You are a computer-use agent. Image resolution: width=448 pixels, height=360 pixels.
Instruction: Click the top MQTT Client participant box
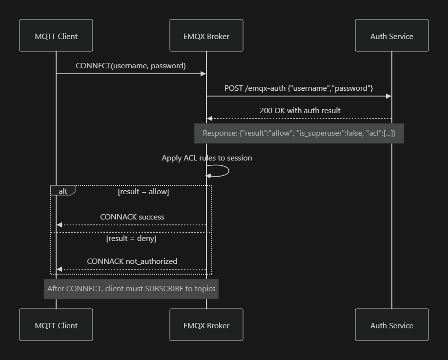pyautogui.click(x=56, y=36)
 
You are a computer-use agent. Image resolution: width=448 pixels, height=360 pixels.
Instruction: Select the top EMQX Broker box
pyautogui.click(x=206, y=36)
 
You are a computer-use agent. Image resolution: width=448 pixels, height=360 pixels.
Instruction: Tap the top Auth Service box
pyautogui.click(x=391, y=36)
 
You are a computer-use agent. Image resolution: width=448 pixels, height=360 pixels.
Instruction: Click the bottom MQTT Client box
pyautogui.click(x=56, y=325)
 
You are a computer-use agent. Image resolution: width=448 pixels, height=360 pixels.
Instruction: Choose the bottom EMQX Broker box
pyautogui.click(x=206, y=325)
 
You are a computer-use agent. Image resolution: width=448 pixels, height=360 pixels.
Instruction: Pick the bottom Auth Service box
pyautogui.click(x=391, y=325)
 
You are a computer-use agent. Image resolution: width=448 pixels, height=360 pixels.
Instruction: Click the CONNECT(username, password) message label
pyautogui.click(x=131, y=65)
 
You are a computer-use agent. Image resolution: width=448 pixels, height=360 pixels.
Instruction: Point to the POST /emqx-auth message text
pyautogui.click(x=299, y=88)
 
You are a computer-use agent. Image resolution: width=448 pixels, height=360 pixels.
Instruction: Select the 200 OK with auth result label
pyautogui.click(x=300, y=110)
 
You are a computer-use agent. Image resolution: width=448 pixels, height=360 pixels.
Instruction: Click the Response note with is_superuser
pyautogui.click(x=299, y=133)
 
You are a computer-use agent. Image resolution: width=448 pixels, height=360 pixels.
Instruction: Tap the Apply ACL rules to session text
pyautogui.click(x=206, y=158)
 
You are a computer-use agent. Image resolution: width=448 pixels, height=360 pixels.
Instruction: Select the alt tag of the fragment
pyautogui.click(x=63, y=191)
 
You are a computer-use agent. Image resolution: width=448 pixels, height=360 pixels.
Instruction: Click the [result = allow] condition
pyautogui.click(x=143, y=191)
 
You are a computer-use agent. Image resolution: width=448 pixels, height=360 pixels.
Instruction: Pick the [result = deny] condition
pyautogui.click(x=131, y=239)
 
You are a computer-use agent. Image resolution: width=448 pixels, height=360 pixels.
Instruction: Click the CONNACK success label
pyautogui.click(x=132, y=217)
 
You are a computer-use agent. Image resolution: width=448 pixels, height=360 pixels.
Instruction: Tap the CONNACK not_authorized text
pyautogui.click(x=132, y=261)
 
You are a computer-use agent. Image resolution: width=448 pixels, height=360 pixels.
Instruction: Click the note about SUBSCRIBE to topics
pyautogui.click(x=131, y=288)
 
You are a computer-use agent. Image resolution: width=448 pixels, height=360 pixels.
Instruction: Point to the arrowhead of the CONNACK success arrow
pyautogui.click(x=59, y=225)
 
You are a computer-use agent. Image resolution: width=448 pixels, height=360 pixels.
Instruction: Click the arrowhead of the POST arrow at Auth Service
pyautogui.click(x=389, y=96)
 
